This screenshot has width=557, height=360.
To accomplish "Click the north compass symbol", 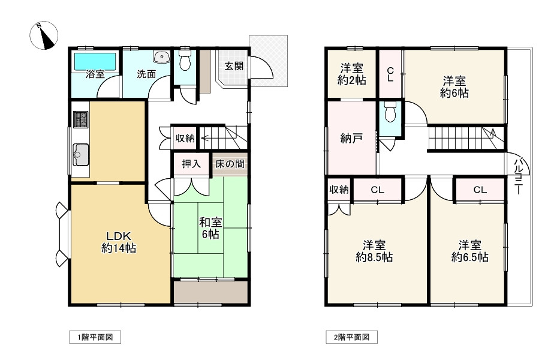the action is click(x=44, y=35).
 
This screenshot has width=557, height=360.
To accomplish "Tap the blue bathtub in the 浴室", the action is click(x=95, y=61).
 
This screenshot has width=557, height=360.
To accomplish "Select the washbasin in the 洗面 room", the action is click(x=162, y=57).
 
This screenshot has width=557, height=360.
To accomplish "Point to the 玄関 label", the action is click(x=234, y=66).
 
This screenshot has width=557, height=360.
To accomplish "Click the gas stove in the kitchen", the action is click(x=80, y=119).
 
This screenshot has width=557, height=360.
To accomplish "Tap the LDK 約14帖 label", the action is click(x=119, y=242).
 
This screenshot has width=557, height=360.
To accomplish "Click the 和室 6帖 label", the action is click(x=210, y=228).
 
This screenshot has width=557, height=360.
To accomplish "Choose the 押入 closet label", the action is click(x=191, y=164).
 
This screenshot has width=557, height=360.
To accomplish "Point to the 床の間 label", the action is click(x=230, y=164).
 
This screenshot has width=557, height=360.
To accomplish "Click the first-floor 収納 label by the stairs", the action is click(x=185, y=138).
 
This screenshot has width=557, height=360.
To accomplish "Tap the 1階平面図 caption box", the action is click(x=95, y=337).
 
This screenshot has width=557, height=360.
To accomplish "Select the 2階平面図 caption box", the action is click(x=352, y=337).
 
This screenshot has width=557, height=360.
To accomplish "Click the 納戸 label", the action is click(x=351, y=138).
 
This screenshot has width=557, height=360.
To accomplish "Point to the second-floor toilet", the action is click(x=390, y=112).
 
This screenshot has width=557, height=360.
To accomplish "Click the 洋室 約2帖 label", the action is click(x=352, y=74).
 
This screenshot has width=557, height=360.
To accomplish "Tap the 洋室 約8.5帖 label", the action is click(x=374, y=251).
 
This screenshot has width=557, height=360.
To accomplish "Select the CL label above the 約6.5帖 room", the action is click(x=480, y=190).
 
